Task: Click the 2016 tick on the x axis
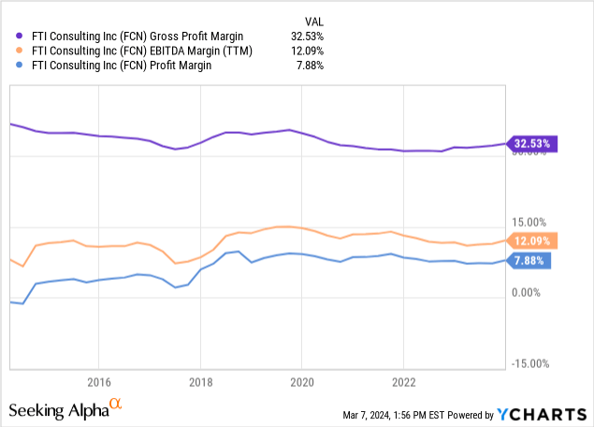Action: coord(99,382)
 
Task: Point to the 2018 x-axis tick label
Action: coord(200,382)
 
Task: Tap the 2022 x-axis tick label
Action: coord(403,382)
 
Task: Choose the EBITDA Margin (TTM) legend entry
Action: coord(144,51)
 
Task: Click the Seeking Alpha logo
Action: coord(64,409)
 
